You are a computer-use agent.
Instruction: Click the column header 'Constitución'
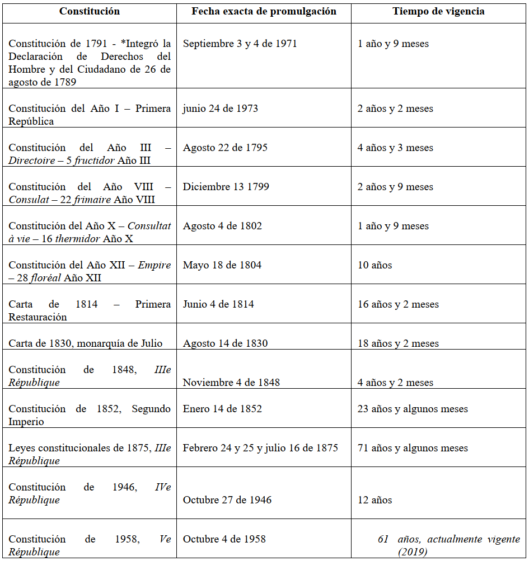point(90,11)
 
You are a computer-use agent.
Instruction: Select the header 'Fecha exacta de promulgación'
point(264,11)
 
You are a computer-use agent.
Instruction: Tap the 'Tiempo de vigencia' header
point(438,11)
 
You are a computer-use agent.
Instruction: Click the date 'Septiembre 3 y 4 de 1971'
point(240,44)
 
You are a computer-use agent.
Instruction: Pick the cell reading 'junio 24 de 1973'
point(221,109)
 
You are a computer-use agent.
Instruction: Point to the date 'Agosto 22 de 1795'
point(225,148)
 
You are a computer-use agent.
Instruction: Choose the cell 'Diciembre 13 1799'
point(226,187)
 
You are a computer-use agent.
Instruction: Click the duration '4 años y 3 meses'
point(395,148)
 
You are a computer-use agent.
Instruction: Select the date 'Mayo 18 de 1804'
point(222,265)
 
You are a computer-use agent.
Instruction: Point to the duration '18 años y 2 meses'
point(398,343)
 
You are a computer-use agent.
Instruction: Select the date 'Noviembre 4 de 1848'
point(231,383)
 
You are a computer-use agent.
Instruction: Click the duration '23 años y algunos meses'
point(413,409)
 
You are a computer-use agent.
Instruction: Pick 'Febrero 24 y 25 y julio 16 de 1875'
point(260,448)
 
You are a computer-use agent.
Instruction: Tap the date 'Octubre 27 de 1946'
point(227,500)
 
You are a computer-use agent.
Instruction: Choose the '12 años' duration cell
point(375,500)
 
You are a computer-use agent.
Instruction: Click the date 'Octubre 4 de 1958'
point(224,539)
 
